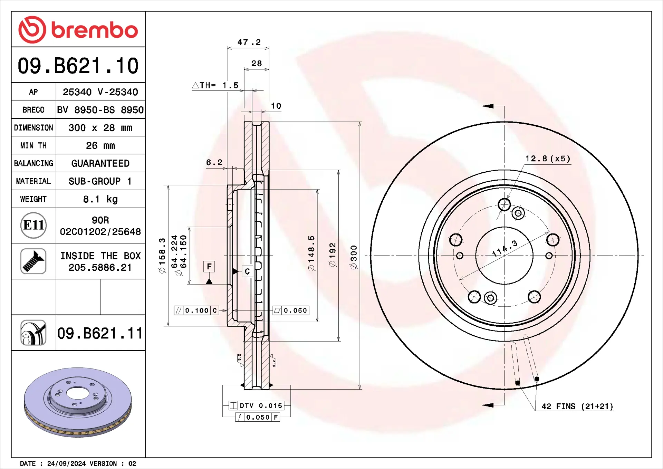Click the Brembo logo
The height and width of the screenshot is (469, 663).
pyautogui.click(x=78, y=30)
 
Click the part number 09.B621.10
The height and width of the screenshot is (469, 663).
pyautogui.click(x=78, y=66)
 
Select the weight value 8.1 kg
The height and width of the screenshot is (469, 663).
pyautogui.click(x=100, y=199)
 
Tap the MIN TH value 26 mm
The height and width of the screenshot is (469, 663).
pyautogui.click(x=100, y=145)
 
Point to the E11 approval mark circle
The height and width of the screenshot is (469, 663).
pyautogui.click(x=33, y=226)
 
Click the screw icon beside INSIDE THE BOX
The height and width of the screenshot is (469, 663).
pyautogui.click(x=33, y=261)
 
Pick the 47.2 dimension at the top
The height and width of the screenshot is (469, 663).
pyautogui.click(x=249, y=42)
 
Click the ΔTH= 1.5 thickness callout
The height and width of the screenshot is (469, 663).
pyautogui.click(x=215, y=85)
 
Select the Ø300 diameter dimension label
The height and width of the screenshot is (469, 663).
pyautogui.click(x=354, y=257)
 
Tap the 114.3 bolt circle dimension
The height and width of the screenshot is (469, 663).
pyautogui.click(x=505, y=248)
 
